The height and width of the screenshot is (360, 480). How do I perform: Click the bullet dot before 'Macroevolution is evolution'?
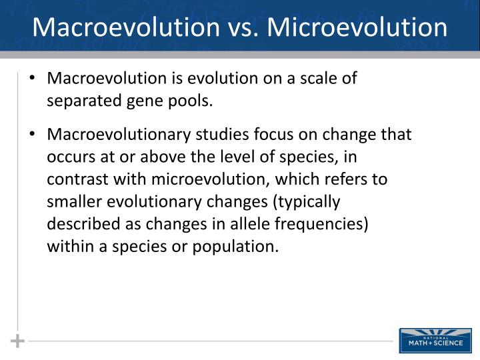[x=32, y=79]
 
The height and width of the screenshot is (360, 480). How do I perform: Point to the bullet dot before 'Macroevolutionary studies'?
[x=32, y=135]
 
